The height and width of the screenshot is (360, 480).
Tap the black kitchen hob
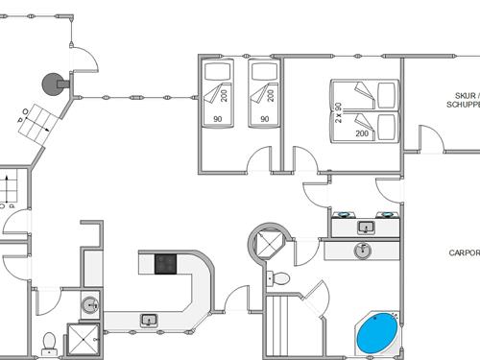(165, 263)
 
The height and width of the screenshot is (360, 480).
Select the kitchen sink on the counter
(149, 319)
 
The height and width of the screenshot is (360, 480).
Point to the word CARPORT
(464, 253)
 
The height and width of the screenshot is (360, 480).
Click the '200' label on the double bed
(362, 134)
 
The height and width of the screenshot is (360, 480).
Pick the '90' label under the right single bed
(263, 119)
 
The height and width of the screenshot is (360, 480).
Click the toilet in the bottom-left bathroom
(49, 340)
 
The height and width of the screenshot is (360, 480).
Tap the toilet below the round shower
(280, 278)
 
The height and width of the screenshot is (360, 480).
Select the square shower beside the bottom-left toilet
(81, 338)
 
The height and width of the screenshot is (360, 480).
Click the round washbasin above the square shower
(89, 305)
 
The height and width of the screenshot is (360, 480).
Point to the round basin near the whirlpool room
(363, 251)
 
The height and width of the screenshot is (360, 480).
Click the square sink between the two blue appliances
(365, 228)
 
